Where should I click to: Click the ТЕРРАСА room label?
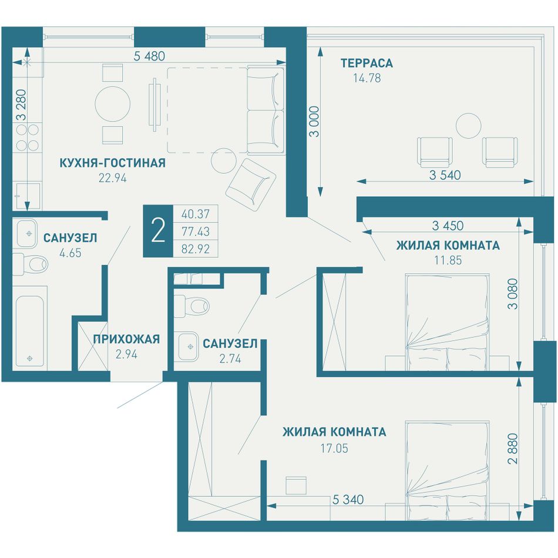[367, 63]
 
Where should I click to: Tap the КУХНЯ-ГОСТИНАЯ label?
[112, 163]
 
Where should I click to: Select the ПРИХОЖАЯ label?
[126, 339]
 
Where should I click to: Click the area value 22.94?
[112, 178]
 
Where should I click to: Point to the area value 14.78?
[367, 78]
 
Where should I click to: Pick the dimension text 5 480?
[149, 56]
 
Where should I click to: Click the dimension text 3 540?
[445, 174]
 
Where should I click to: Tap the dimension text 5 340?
[348, 499]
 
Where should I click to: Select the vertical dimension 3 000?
[315, 122]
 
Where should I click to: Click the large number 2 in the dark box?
[158, 231]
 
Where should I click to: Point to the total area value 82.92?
[196, 248]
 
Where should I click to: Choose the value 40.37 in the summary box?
[196, 214]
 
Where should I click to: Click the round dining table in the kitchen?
[112, 103]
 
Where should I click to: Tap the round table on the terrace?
[469, 126]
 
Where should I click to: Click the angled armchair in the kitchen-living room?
[251, 184]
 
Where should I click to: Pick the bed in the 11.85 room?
[448, 322]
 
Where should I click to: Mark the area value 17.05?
[334, 448]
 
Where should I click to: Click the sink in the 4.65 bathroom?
[25, 233]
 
